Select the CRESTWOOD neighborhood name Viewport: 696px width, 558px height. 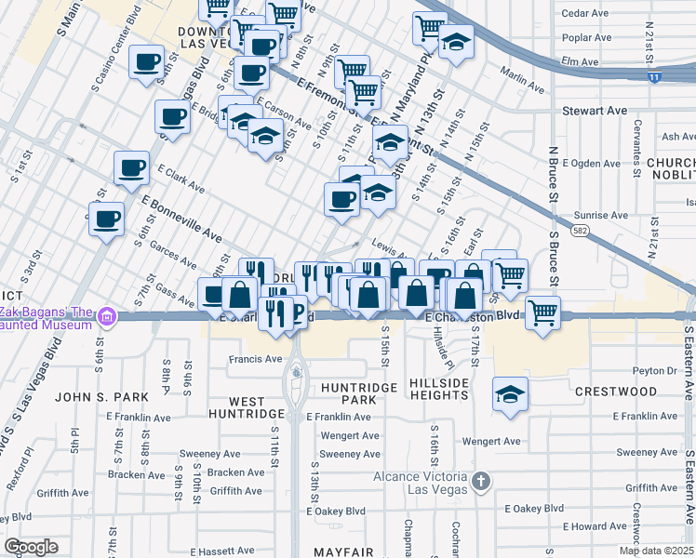[x=615, y=392]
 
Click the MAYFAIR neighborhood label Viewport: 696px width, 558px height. [x=343, y=552]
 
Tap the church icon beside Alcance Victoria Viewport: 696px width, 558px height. [x=480, y=481]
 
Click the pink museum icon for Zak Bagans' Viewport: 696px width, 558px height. [x=107, y=317]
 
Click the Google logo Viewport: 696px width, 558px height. [x=32, y=547]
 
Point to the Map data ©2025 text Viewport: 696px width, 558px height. [x=655, y=551]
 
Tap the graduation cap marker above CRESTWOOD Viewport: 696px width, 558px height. [x=510, y=394]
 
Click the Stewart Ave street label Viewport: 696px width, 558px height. [x=595, y=111]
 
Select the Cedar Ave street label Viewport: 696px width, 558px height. [x=585, y=13]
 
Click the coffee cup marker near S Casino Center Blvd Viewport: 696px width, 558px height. [x=145, y=62]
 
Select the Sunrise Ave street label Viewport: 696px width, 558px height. [x=601, y=215]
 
